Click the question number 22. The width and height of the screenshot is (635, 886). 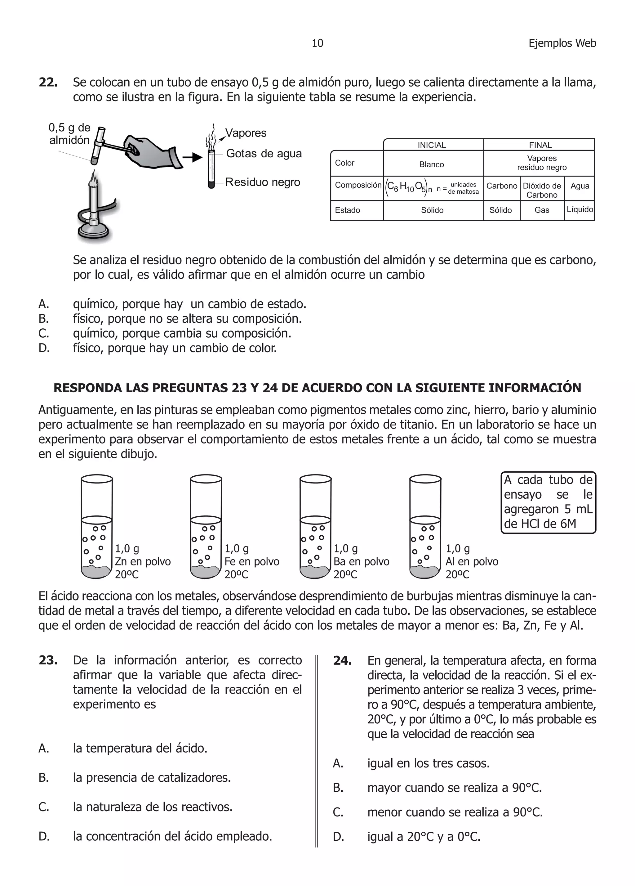click(48, 83)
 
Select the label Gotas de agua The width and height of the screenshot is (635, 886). click(264, 154)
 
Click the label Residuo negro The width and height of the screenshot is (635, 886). click(263, 182)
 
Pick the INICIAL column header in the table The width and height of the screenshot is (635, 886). click(432, 145)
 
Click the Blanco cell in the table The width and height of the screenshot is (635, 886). click(432, 164)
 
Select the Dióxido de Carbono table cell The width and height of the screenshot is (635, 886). click(542, 190)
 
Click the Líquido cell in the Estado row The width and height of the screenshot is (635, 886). click(579, 209)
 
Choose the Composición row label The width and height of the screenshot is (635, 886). click(358, 185)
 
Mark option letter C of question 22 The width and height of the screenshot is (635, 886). click(44, 334)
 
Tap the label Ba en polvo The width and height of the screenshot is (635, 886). click(362, 561)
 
